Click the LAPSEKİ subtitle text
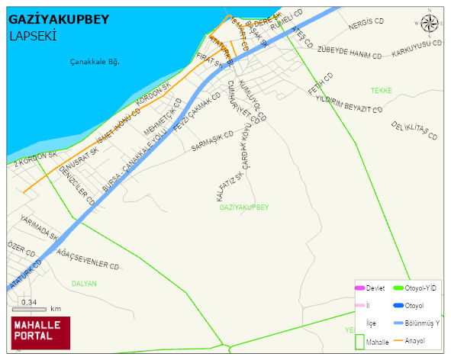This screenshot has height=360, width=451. pyautogui.click(x=34, y=35)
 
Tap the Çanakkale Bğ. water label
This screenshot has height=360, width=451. pyautogui.click(x=95, y=62)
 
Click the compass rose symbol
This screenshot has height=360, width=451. pyautogui.click(x=430, y=24)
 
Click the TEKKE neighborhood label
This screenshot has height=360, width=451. pyautogui.click(x=381, y=90)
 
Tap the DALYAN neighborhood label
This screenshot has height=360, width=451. pyautogui.click(x=84, y=283)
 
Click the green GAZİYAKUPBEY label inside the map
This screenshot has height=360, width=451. pyautogui.click(x=244, y=207)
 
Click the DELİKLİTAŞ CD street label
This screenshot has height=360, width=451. pyautogui.click(x=414, y=130)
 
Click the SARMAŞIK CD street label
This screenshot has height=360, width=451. pyautogui.click(x=212, y=142)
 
